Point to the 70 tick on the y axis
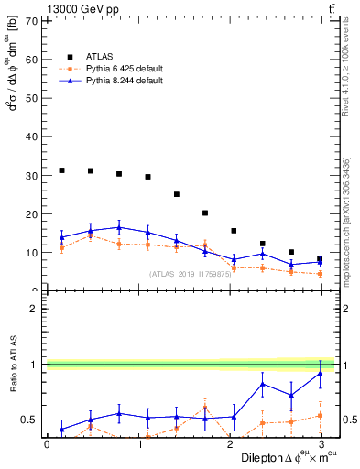31,20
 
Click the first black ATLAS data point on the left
61,170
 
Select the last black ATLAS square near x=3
320,258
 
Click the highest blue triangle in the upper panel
119,227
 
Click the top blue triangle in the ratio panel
320,374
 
